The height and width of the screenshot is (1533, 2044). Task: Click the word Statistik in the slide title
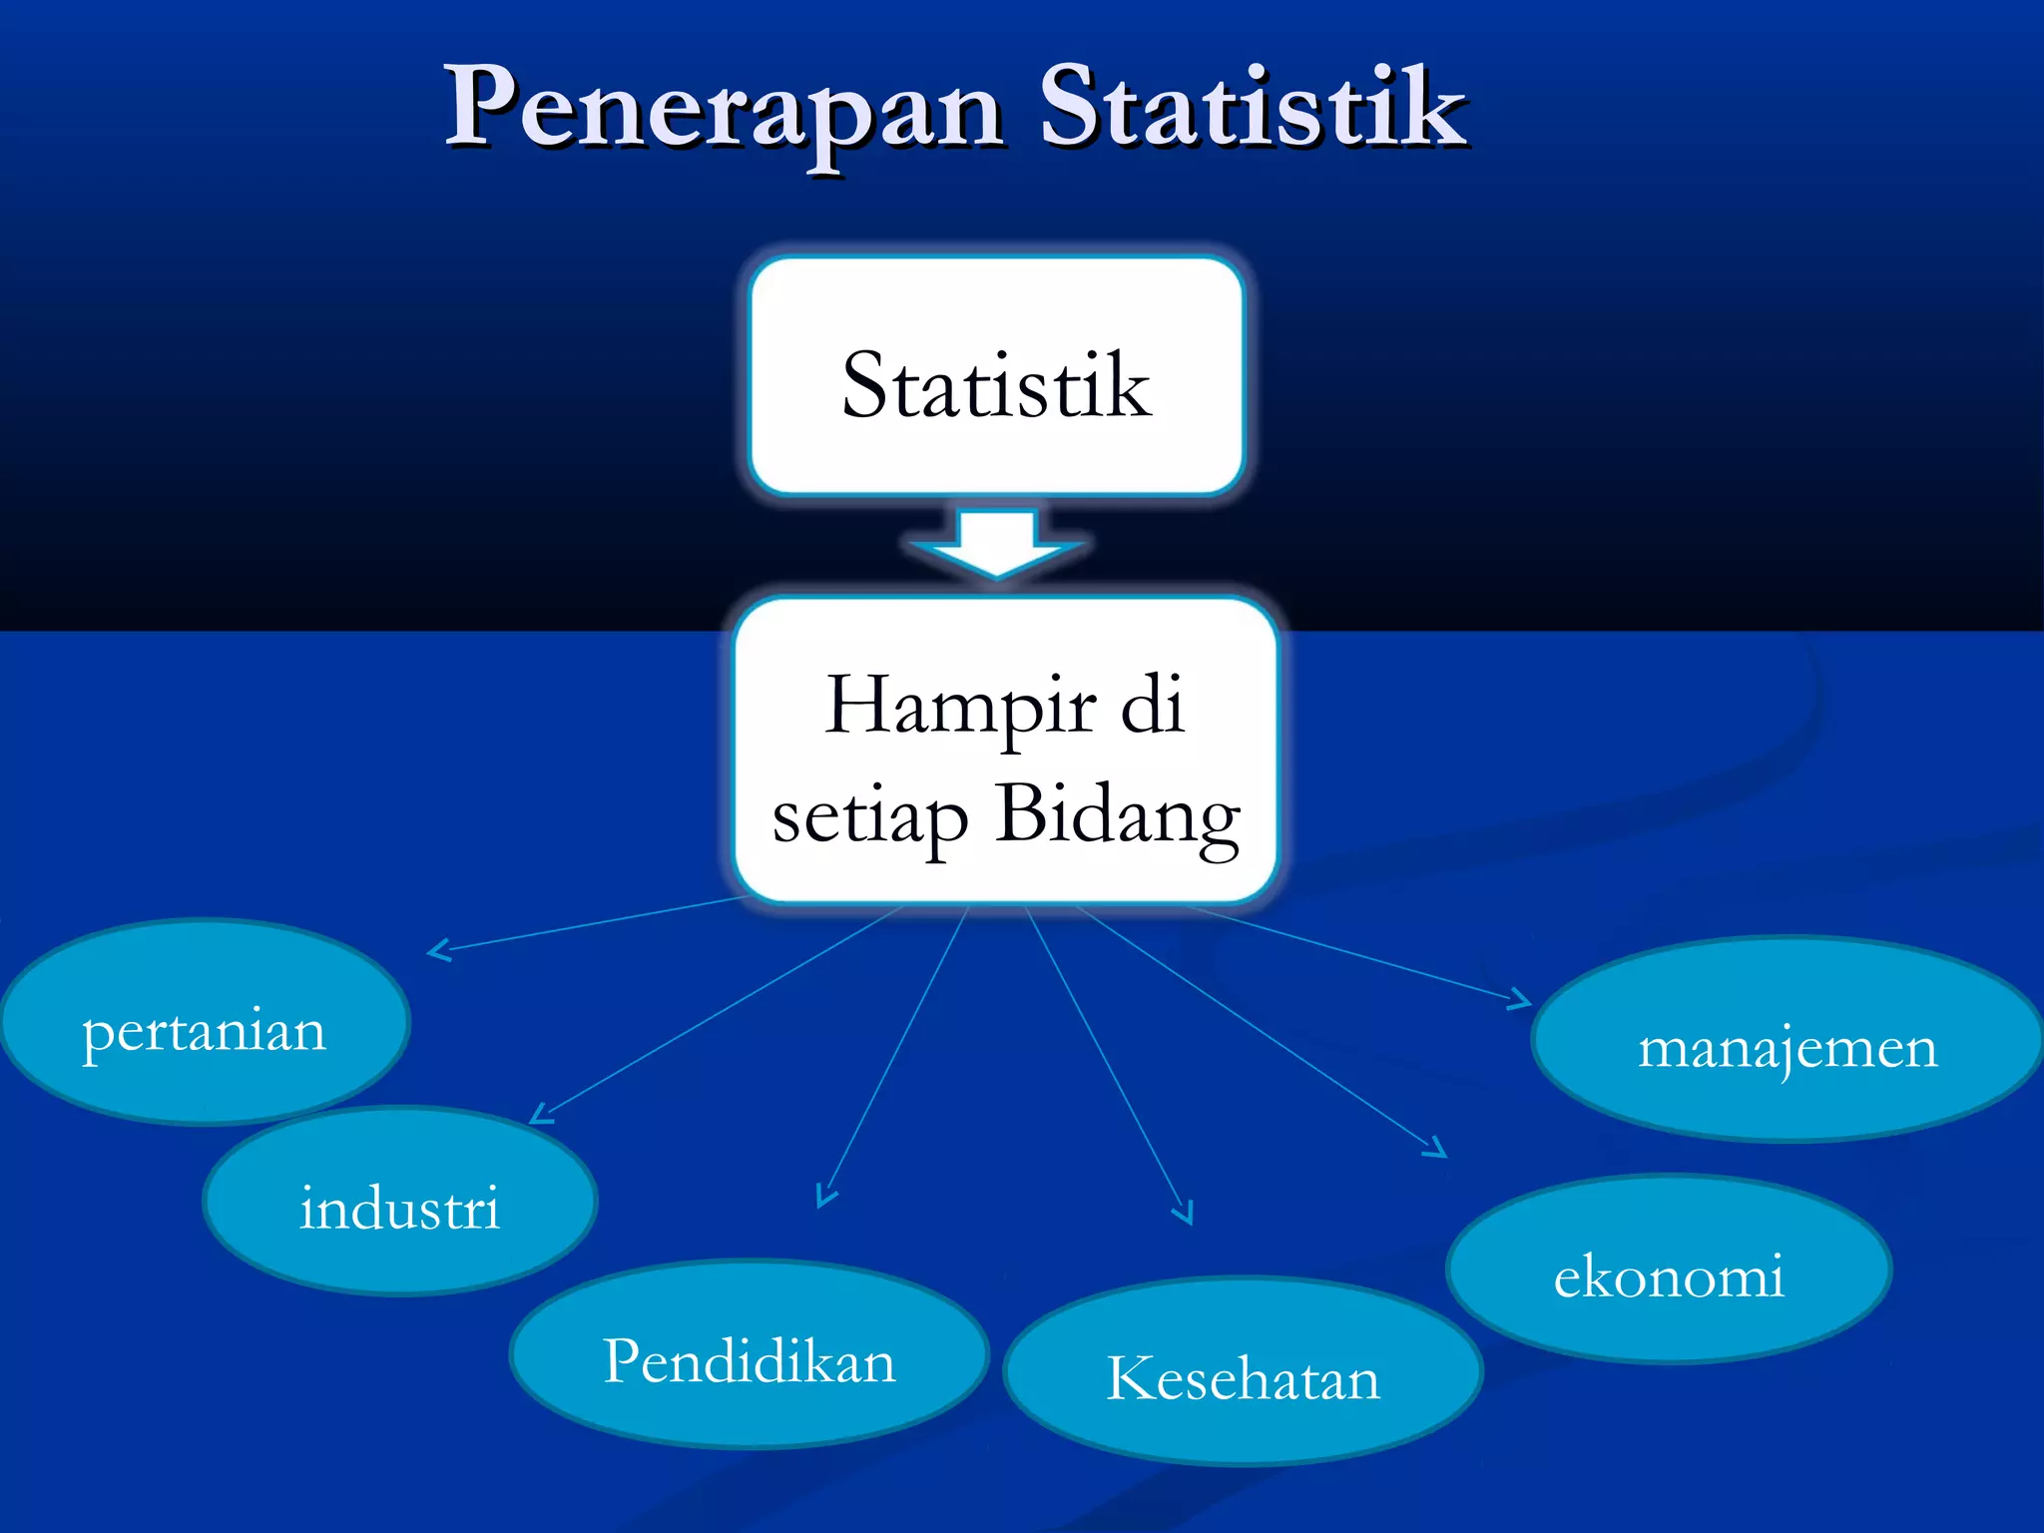[x=1253, y=108]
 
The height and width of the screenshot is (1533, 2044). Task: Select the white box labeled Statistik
[x=996, y=376]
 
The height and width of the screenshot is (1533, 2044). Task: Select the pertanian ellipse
[x=205, y=1023]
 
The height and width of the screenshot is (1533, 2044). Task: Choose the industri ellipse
[x=399, y=1203]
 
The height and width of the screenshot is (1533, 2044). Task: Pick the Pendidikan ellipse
[x=749, y=1355]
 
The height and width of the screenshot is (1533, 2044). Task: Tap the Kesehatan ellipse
[x=1243, y=1372]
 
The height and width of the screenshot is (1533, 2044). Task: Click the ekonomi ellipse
[x=1669, y=1270]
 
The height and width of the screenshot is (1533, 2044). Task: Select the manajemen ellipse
[x=1787, y=1040]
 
